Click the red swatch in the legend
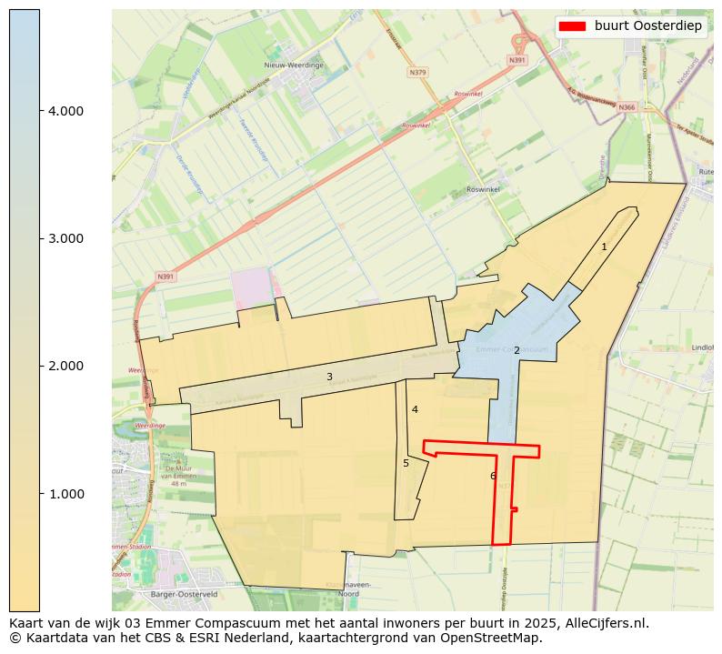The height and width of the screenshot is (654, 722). [572, 25]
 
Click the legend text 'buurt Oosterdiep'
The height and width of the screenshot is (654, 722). [648, 25]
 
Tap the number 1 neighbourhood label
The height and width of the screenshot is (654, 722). [604, 247]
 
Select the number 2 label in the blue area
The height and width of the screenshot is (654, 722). [516, 350]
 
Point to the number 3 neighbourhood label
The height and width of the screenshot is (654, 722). [329, 377]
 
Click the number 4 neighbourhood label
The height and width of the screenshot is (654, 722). [415, 409]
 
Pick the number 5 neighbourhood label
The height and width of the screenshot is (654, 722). [406, 463]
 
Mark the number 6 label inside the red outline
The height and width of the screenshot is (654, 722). [493, 476]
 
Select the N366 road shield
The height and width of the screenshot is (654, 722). [627, 107]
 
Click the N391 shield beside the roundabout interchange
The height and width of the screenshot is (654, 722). [517, 60]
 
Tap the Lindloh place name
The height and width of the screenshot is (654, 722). [703, 347]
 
